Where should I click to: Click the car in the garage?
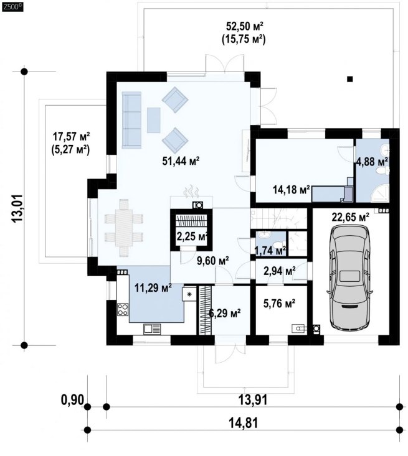(x=349, y=278)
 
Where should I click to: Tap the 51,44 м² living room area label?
(x=181, y=161)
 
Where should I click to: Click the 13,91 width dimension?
(x=253, y=400)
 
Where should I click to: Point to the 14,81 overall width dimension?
(x=244, y=423)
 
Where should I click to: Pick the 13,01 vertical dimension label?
(x=17, y=208)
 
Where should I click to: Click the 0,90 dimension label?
(x=72, y=399)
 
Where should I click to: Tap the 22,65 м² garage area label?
(x=351, y=217)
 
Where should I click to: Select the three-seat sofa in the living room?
(x=131, y=120)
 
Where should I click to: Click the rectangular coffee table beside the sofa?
(x=153, y=120)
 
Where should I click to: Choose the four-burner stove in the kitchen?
(x=123, y=309)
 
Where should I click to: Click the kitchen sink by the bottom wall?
(x=152, y=328)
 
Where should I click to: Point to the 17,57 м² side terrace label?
(x=71, y=136)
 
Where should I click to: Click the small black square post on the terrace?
(x=350, y=78)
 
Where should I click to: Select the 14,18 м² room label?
(x=292, y=190)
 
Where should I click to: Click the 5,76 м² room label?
(x=279, y=304)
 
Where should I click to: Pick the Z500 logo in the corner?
(x=12, y=8)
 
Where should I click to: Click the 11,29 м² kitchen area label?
(x=153, y=288)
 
